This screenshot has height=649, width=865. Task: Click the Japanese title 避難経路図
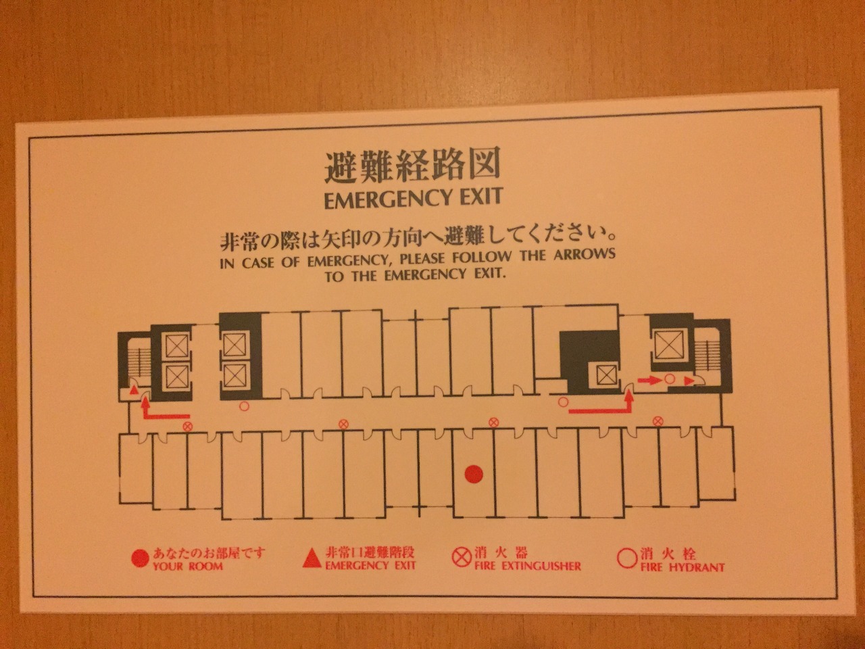tap(412, 168)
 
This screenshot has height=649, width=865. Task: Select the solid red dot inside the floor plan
tap(474, 474)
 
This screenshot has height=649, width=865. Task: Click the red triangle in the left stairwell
tap(134, 391)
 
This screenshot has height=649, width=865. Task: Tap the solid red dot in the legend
tap(140, 559)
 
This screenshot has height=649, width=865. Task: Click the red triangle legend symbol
tap(312, 558)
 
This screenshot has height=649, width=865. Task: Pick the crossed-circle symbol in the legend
tap(462, 558)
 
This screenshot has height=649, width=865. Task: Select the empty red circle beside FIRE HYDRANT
tap(627, 558)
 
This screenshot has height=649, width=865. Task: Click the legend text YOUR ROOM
tap(188, 567)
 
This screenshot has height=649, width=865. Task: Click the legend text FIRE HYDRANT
tap(682, 567)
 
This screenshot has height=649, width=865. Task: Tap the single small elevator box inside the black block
tap(606, 375)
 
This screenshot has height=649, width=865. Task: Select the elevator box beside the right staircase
tap(669, 345)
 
